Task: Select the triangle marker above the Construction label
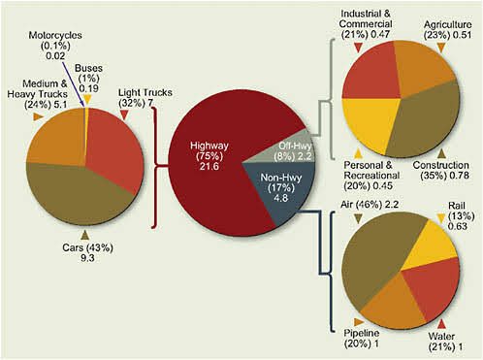tap(441, 152)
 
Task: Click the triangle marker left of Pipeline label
tap(332, 320)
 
